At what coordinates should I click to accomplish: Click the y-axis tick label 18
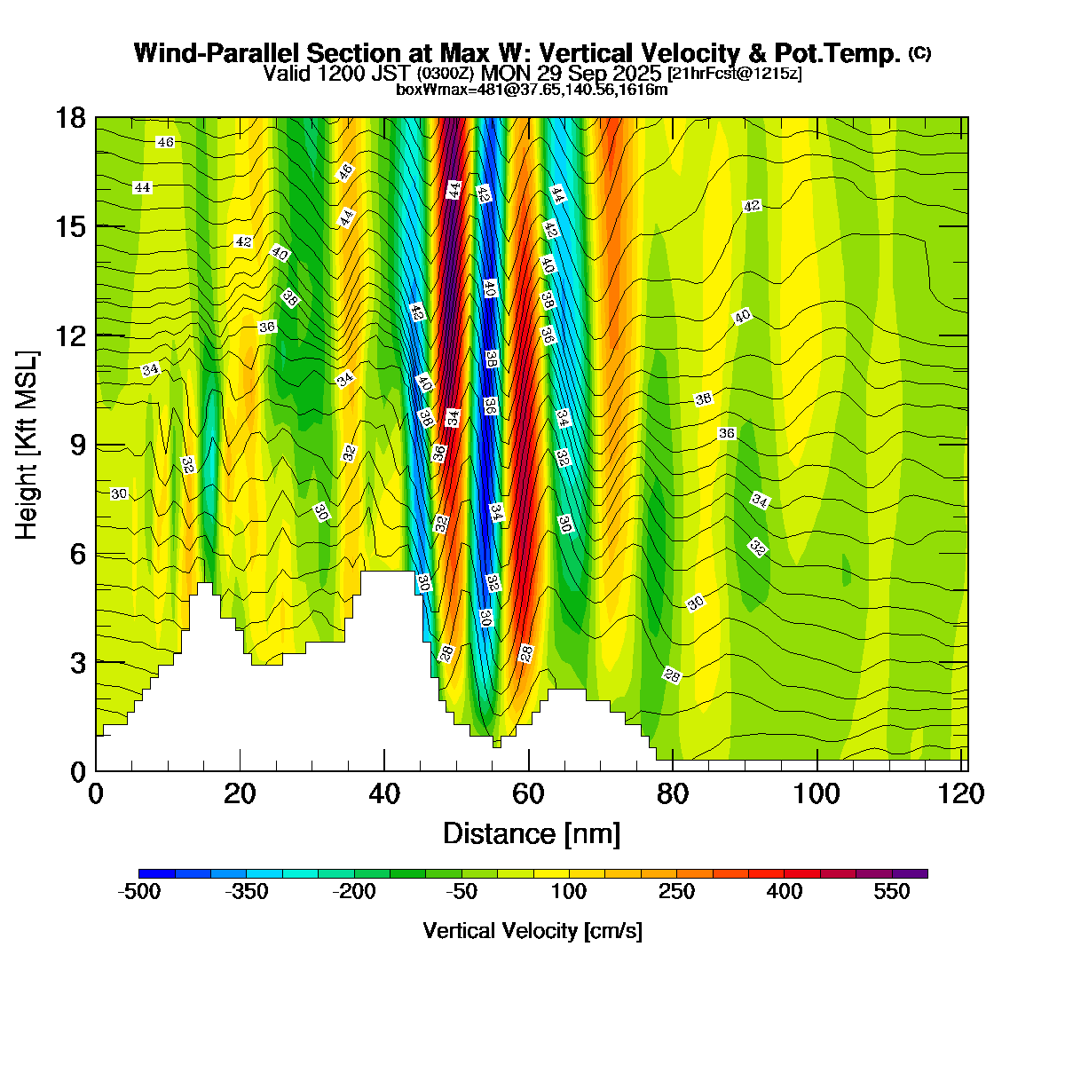click(x=71, y=118)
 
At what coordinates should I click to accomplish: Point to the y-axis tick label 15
click(x=71, y=227)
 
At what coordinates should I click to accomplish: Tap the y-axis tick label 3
click(x=78, y=663)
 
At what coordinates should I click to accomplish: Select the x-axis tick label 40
click(x=384, y=793)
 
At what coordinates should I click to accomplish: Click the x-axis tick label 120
click(x=962, y=793)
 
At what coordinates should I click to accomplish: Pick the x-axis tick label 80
click(x=673, y=793)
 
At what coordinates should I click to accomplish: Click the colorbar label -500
click(x=139, y=893)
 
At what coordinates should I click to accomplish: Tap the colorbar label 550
click(x=892, y=893)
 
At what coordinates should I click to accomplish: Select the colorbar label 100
click(x=569, y=893)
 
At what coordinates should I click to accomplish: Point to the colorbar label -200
click(x=354, y=893)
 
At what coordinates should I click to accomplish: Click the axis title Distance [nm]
click(x=532, y=834)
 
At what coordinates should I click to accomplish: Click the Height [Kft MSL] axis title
click(x=28, y=446)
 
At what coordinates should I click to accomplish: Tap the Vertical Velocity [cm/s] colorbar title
click(x=532, y=931)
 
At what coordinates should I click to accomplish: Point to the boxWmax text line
click(x=532, y=89)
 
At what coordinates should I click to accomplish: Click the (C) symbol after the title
click(x=919, y=53)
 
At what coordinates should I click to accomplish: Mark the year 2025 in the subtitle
click(x=639, y=73)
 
